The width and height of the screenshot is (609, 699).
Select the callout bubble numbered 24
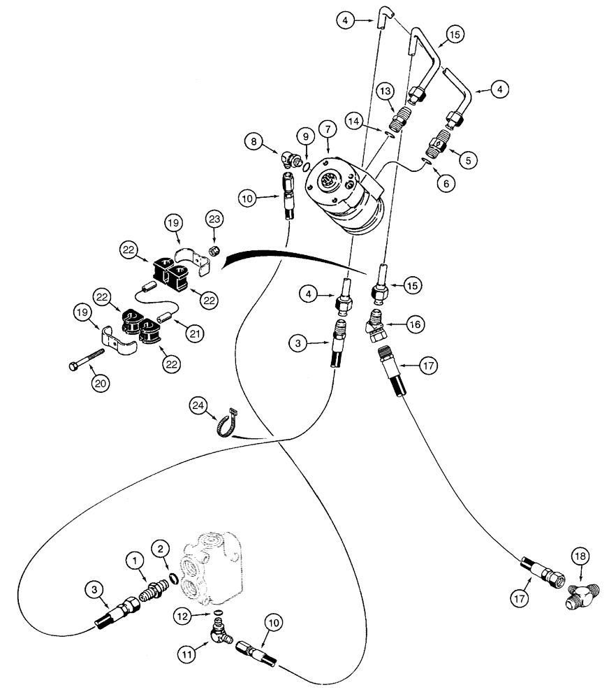(x=199, y=405)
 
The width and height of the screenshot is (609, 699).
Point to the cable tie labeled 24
(x=219, y=423)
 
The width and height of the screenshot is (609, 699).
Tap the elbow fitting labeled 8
(x=292, y=161)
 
